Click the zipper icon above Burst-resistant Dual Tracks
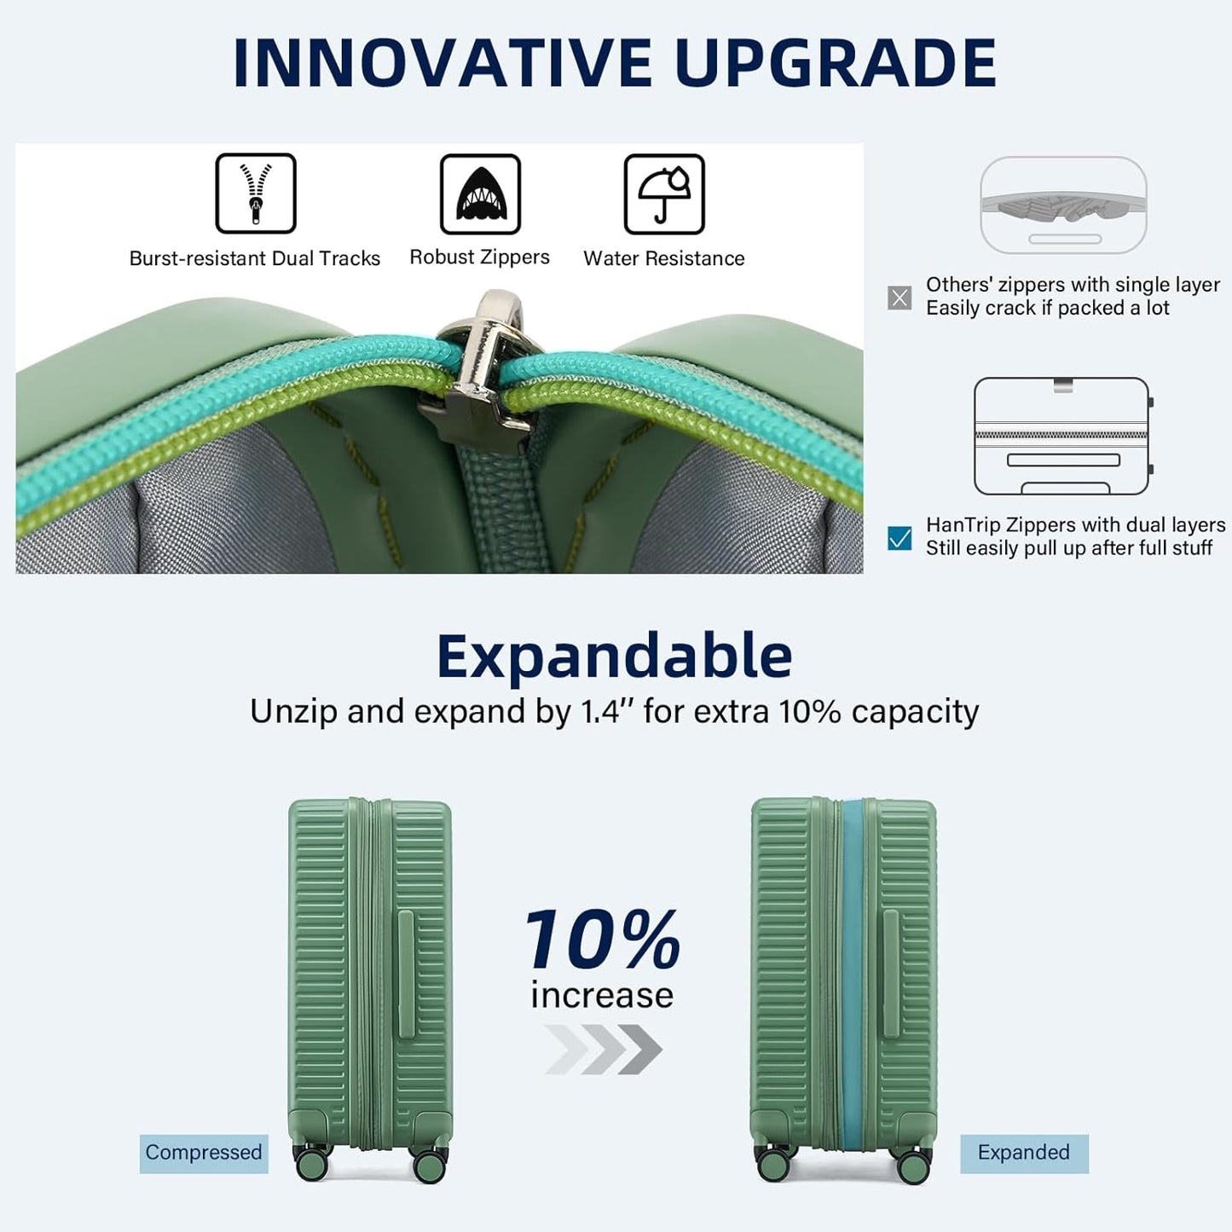pyautogui.click(x=255, y=194)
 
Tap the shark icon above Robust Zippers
pyautogui.click(x=480, y=194)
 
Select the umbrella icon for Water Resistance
pyautogui.click(x=664, y=194)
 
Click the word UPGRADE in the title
pyautogui.click(x=836, y=64)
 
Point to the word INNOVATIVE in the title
pyautogui.click(x=443, y=64)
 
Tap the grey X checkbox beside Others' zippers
pyautogui.click(x=899, y=298)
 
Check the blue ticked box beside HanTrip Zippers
pyautogui.click(x=899, y=538)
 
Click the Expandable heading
pyautogui.click(x=615, y=656)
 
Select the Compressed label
pyautogui.click(x=204, y=1153)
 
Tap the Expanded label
pyautogui.click(x=1024, y=1153)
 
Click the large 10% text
pyautogui.click(x=603, y=940)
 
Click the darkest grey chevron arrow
pyautogui.click(x=642, y=1049)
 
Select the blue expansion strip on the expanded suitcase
pyautogui.click(x=853, y=972)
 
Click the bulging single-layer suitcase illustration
pyautogui.click(x=1063, y=205)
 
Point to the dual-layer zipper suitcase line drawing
pyautogui.click(x=1062, y=436)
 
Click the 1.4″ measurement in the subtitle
pyautogui.click(x=600, y=711)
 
